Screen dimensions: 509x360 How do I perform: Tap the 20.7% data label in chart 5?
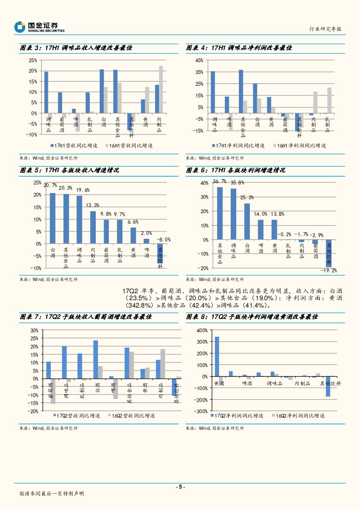pos(50,185)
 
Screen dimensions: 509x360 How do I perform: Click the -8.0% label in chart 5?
pos(164,239)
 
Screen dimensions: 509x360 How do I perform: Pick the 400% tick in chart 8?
pos(202,331)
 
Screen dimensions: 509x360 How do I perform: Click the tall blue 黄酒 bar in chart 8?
pos(217,356)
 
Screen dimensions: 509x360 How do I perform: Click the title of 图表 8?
pos(252,317)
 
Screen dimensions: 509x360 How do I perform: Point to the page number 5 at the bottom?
pos(180,487)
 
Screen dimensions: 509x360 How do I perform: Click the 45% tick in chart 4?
pos(199,60)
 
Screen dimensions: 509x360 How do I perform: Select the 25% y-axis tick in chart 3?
pos(33,60)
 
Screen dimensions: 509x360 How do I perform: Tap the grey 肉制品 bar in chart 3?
pos(161,89)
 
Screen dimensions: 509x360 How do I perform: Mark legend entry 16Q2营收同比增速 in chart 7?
pos(132,416)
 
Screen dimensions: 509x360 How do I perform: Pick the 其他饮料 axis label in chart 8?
pos(330,383)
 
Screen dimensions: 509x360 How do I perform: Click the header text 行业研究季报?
pos(325,29)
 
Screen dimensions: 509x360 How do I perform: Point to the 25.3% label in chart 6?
pos(247,197)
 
